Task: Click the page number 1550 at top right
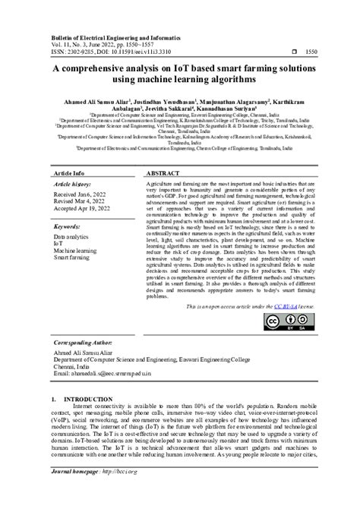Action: [x=311, y=52]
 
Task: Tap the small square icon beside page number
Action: [x=294, y=52]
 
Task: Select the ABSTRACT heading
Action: [x=162, y=174]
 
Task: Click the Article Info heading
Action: [x=68, y=174]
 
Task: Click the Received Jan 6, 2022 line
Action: [x=80, y=195]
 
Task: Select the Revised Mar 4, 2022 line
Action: [x=80, y=203]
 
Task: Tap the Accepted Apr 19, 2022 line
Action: [x=82, y=210]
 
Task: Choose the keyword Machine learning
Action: [x=74, y=251]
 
